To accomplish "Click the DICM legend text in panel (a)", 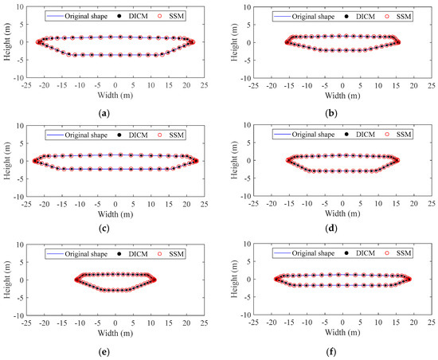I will pyautogui.click(x=147, y=15).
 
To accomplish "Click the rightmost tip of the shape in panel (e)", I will pyautogui.click(x=154, y=279).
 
